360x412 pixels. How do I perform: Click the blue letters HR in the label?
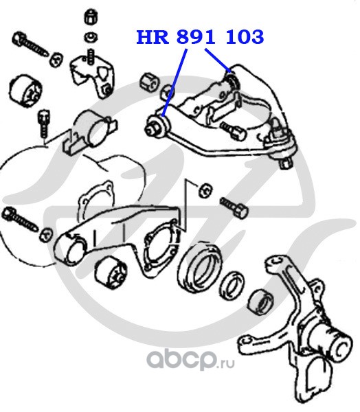point(153,37)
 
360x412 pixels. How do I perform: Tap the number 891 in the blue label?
point(196,37)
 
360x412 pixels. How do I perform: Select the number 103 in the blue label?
point(245,37)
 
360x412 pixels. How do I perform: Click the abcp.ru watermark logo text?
point(190,360)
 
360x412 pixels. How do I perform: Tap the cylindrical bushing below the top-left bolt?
point(25,92)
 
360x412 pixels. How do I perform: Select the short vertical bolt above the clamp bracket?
point(44,123)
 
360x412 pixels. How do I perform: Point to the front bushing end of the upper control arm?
point(156,126)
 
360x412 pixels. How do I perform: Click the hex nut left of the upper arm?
point(149,82)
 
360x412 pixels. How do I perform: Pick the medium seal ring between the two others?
point(232,286)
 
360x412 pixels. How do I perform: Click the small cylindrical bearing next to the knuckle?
point(261,302)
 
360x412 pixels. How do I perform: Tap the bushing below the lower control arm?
point(111,273)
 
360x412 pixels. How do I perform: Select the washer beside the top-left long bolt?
point(56,60)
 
